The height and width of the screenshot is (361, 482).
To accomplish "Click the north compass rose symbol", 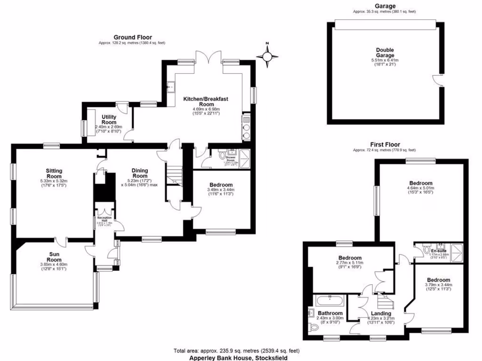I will point(267,56).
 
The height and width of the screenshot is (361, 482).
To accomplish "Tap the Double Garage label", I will point(385,53).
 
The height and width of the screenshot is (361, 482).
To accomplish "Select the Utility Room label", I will point(109,119).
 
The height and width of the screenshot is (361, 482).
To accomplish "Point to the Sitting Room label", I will point(54,173).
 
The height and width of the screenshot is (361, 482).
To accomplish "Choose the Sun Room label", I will point(54,257).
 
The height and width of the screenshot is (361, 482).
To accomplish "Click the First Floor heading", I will point(385,145).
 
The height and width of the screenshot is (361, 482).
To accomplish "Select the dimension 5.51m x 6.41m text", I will point(385,60).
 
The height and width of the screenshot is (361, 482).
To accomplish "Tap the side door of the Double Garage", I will point(440,80).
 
